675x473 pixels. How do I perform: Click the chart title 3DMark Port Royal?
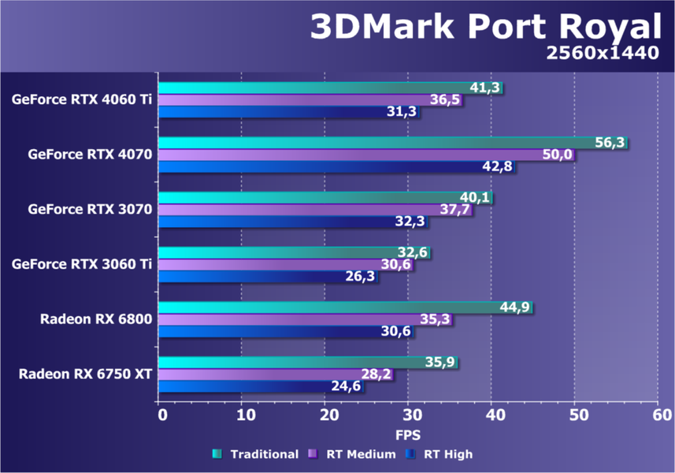[x=484, y=28]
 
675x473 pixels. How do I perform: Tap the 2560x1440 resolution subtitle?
[x=602, y=54]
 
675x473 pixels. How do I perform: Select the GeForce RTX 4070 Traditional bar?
[x=378, y=143]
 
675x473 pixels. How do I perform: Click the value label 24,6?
[x=347, y=386]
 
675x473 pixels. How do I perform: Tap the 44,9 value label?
[x=517, y=307]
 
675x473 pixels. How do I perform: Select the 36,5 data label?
[x=446, y=100]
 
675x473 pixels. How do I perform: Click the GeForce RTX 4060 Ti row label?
[x=82, y=99]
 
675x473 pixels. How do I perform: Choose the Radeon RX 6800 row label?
[x=96, y=319]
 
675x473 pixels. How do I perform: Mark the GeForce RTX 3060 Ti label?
[x=82, y=264]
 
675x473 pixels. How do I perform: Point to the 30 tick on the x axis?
[x=408, y=415]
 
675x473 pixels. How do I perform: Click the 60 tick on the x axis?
[x=658, y=415]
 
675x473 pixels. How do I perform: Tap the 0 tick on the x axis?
[x=160, y=415]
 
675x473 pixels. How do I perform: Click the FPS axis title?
[x=408, y=434]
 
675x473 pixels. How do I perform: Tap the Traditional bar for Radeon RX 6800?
[x=331, y=307]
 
